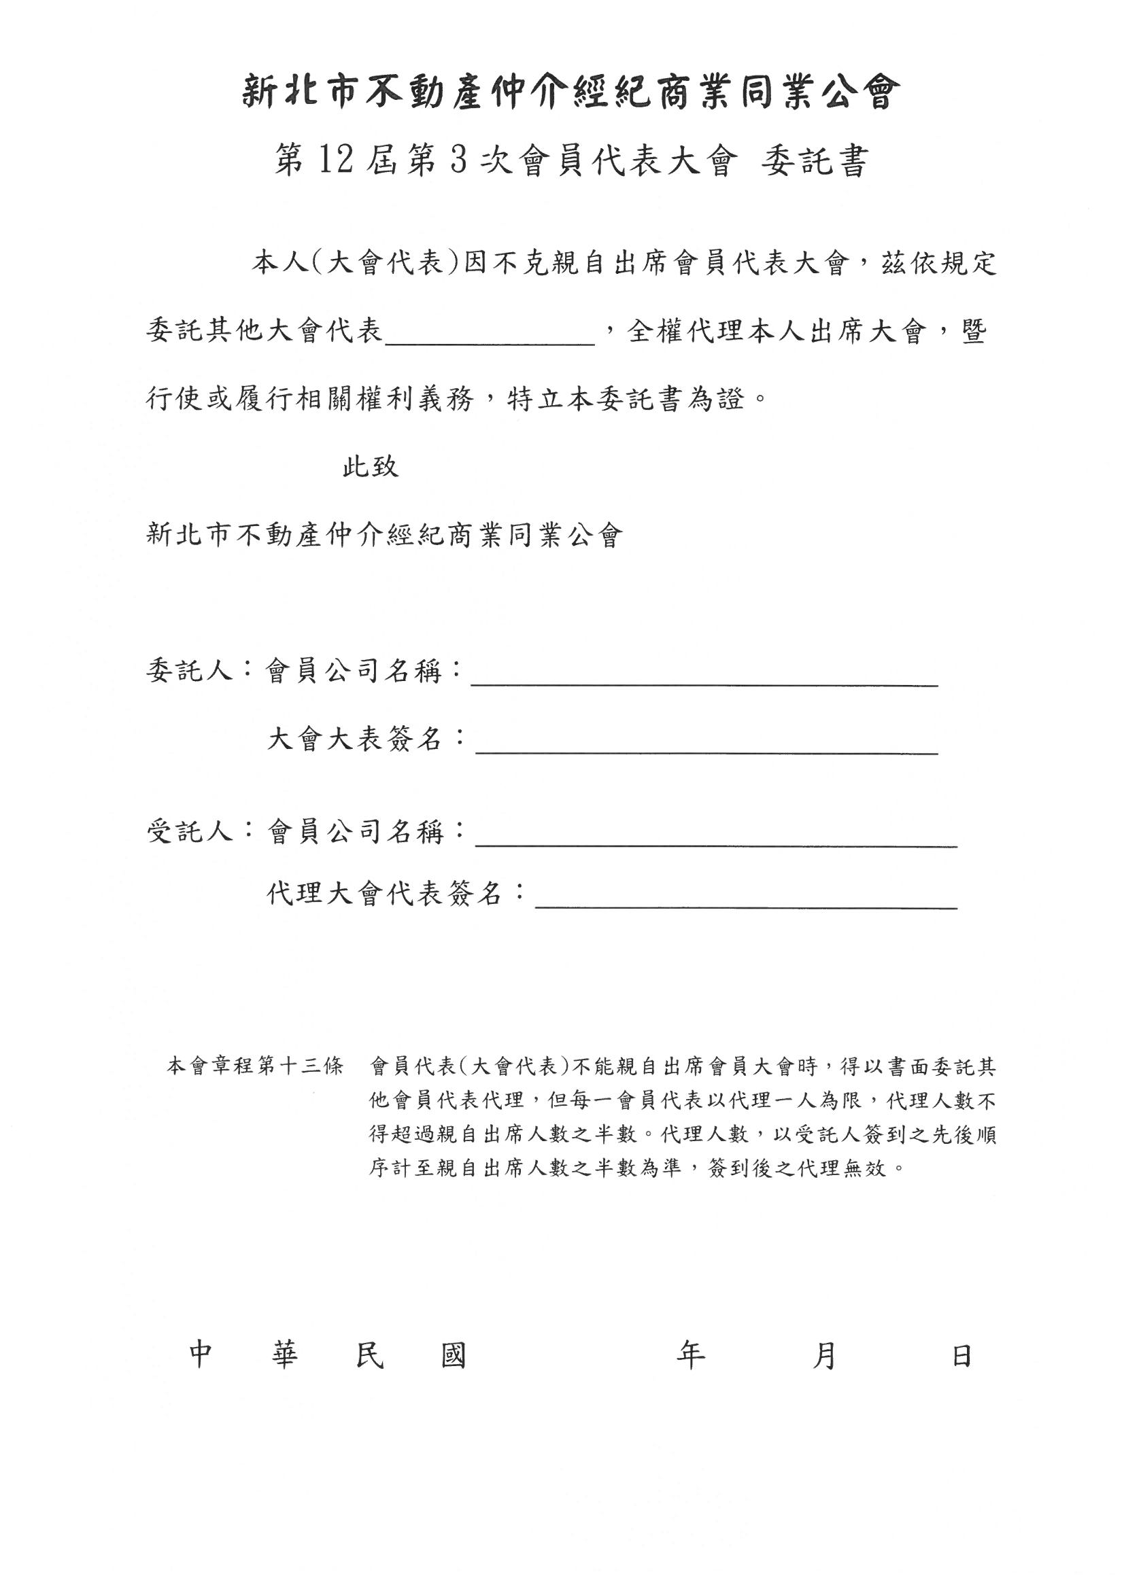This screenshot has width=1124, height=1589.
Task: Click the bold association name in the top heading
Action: click(x=571, y=94)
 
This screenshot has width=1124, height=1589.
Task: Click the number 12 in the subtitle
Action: click(x=337, y=161)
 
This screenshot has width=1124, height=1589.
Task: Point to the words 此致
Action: click(x=371, y=467)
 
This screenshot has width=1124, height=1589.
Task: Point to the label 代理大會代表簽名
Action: click(x=385, y=894)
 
